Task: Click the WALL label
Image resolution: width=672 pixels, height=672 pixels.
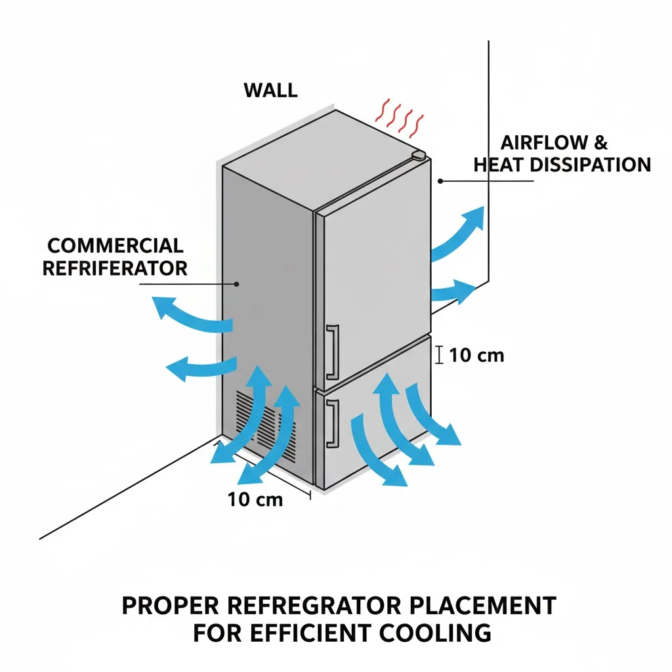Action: coord(270,90)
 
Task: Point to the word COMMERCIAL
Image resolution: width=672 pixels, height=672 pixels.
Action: coord(115,246)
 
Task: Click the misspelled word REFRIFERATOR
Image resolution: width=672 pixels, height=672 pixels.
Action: coord(115,268)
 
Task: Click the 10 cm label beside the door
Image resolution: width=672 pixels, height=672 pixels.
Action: coord(477,355)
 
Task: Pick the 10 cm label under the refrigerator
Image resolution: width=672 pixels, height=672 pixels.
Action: coord(255,499)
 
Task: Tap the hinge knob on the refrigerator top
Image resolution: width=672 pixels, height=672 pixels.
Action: coord(419,156)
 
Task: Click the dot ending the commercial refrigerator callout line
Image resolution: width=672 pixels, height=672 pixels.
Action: coord(237,284)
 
